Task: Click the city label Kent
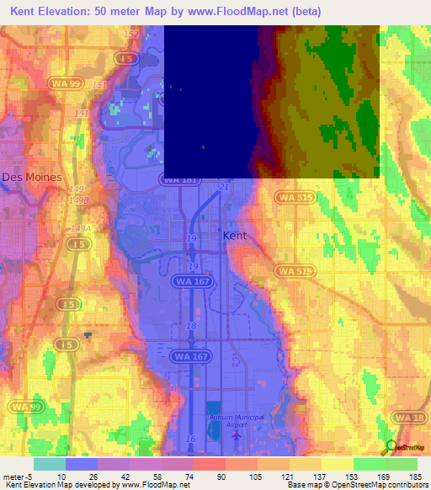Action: coord(235,236)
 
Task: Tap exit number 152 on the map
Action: coord(130,34)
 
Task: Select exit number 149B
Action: coord(79,201)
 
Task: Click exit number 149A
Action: coord(81,228)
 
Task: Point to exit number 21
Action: coord(223,185)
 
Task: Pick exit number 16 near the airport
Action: coord(192,439)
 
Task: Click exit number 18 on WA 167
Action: coord(192,324)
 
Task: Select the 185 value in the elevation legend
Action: coord(416,475)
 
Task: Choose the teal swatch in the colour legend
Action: coord(49,463)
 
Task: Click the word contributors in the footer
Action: coord(407,484)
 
